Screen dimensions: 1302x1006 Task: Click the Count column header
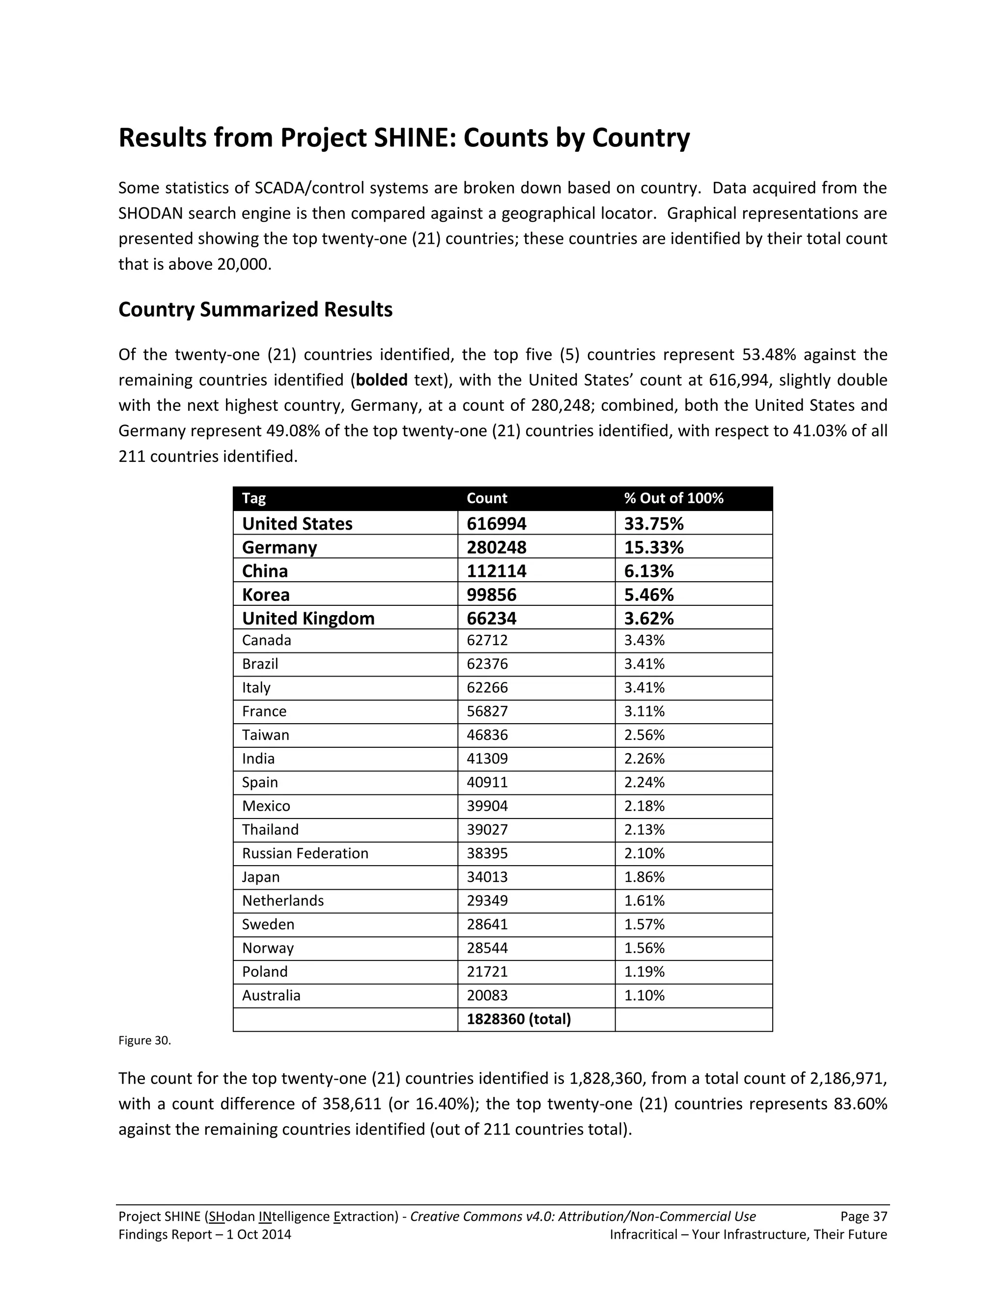(486, 498)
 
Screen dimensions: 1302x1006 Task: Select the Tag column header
(254, 498)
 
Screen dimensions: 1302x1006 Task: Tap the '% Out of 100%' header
(673, 498)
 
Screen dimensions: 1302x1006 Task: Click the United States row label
(297, 523)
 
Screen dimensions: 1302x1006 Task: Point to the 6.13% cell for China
(648, 571)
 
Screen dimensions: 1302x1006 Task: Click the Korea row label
(266, 595)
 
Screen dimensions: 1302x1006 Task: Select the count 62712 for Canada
(487, 640)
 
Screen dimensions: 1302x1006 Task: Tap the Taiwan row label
(265, 735)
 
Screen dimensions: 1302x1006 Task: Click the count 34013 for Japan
(487, 877)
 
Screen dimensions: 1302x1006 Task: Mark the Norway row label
(268, 948)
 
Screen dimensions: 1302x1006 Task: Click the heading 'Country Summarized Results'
(255, 310)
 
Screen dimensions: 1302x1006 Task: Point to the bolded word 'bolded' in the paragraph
(381, 380)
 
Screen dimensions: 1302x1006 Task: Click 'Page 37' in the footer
(863, 1216)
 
